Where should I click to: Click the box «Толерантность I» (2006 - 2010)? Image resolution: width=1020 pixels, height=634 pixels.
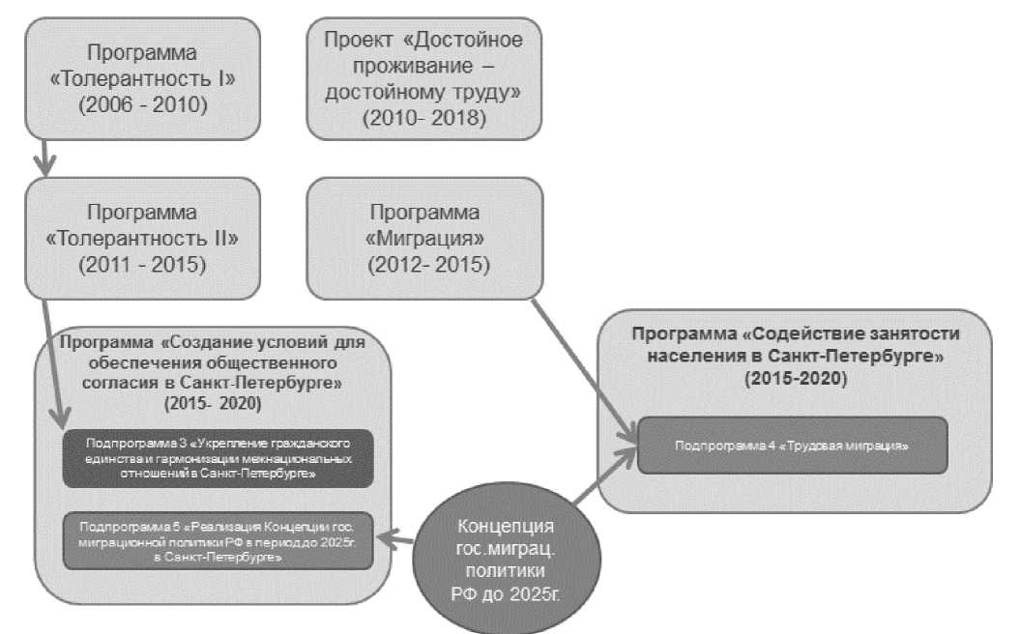[143, 77]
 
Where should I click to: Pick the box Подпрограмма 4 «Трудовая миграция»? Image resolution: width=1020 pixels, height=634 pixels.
[792, 446]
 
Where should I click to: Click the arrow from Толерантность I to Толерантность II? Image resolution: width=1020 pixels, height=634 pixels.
[40, 155]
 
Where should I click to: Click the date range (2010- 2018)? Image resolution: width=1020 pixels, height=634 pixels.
[423, 118]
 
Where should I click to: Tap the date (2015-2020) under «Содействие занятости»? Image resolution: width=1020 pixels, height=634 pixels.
[795, 381]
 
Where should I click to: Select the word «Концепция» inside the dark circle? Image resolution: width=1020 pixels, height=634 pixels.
[507, 526]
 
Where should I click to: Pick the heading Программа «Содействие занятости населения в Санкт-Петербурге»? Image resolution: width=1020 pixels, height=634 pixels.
[795, 344]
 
